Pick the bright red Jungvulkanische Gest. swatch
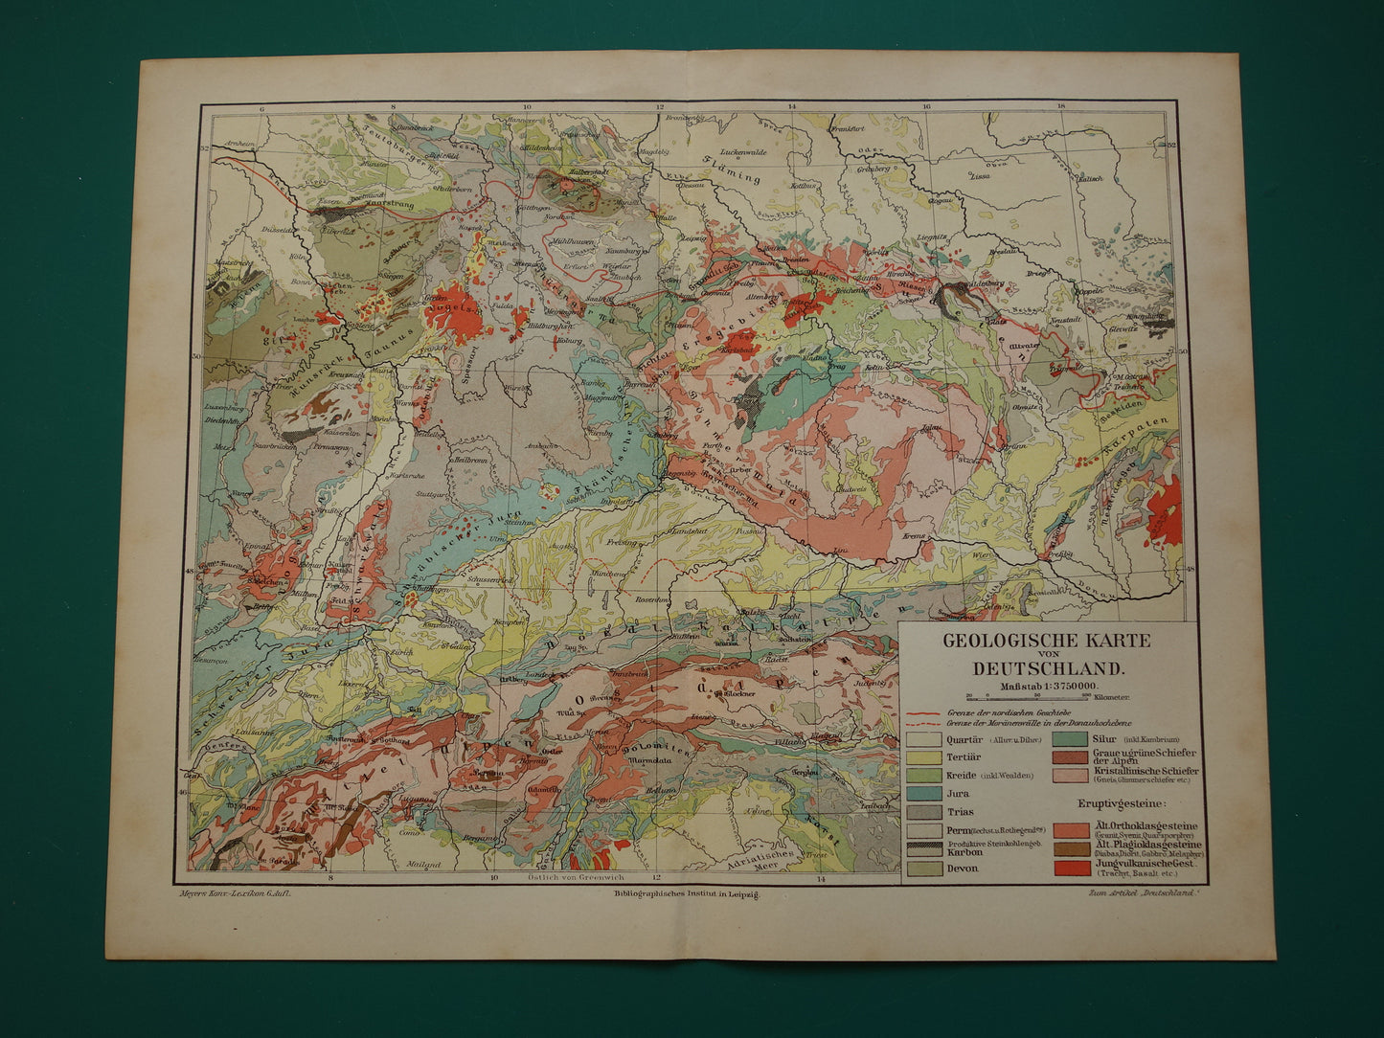tap(1070, 869)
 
